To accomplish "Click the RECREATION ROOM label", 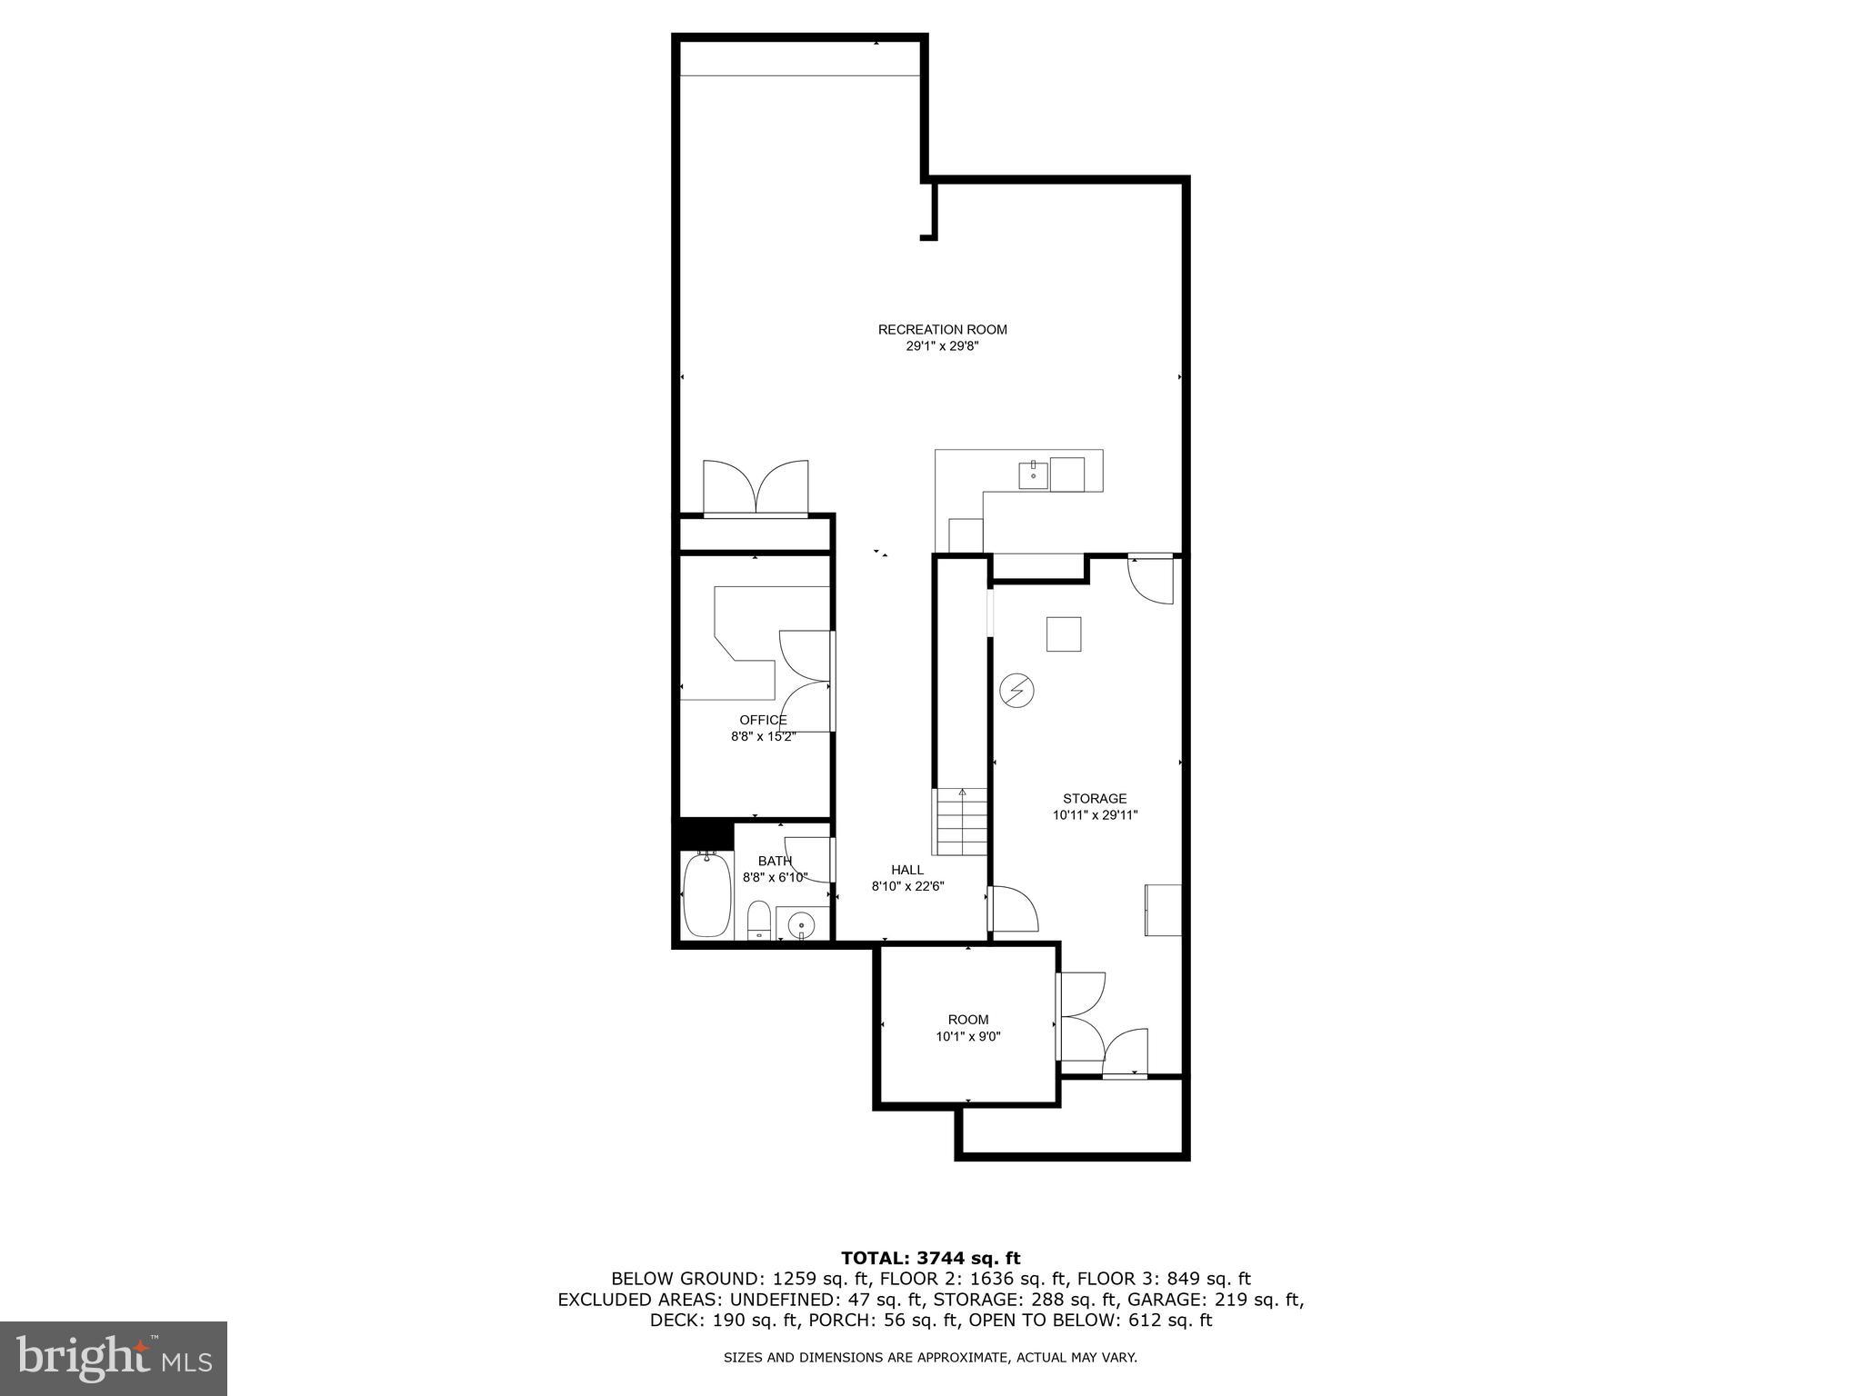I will point(942,330).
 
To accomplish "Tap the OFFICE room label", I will point(763,720).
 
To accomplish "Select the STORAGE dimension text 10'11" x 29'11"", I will point(1095,815).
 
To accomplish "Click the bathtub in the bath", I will point(706,894).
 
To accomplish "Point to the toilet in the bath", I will point(758,921).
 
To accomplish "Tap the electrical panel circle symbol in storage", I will point(1016,691).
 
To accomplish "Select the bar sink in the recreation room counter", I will point(1033,474).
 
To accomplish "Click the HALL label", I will point(907,870).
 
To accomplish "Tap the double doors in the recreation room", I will point(756,489).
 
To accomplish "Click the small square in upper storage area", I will point(1063,633).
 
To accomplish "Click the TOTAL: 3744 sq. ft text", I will point(930,1258).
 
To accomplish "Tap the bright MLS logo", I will point(113,1358).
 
